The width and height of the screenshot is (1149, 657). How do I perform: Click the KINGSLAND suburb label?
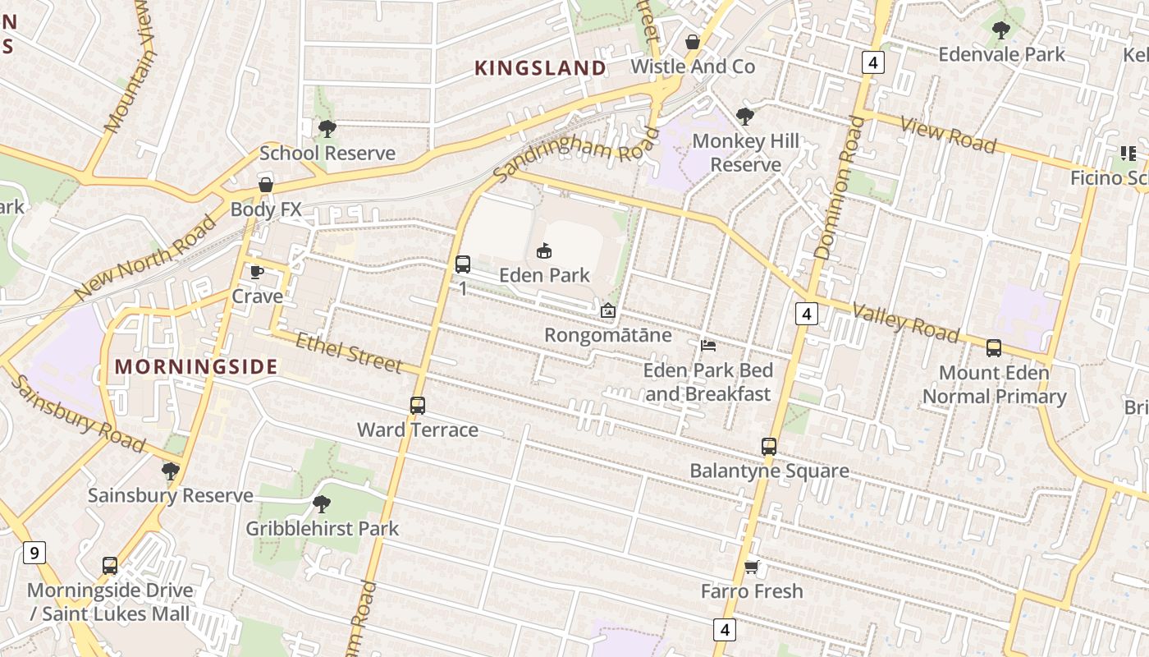coord(540,68)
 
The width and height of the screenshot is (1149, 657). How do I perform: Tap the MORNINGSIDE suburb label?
coord(196,366)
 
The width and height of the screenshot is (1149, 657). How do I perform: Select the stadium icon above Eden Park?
coord(543,250)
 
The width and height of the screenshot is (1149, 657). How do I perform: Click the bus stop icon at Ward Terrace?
coord(418,406)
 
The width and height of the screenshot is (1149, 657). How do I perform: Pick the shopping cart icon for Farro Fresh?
coord(751,567)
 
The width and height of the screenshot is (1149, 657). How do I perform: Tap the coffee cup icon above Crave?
coord(256,272)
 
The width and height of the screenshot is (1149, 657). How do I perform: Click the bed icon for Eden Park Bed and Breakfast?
coord(707,346)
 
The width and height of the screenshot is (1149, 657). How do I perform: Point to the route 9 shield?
coord(34,553)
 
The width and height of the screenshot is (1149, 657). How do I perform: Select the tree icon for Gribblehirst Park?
coord(322,503)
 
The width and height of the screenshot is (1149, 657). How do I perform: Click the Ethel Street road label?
coord(349,352)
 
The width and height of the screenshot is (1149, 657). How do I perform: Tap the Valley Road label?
coord(905,323)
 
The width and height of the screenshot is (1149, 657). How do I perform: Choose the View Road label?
coord(948,136)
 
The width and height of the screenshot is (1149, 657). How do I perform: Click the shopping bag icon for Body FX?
coord(265,185)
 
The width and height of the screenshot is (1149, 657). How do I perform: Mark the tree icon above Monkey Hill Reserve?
coord(745,117)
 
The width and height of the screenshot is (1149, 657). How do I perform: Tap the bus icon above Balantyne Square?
coord(769,447)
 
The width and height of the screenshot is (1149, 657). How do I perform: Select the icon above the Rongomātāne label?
coord(608,310)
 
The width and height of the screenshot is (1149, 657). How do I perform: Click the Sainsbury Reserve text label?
coord(171,496)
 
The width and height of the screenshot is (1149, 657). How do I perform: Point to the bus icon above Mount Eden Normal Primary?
coord(994,348)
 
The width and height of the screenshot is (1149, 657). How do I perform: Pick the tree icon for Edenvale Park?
coord(1000,30)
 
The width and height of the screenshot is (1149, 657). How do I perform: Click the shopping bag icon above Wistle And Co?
coord(693,42)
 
